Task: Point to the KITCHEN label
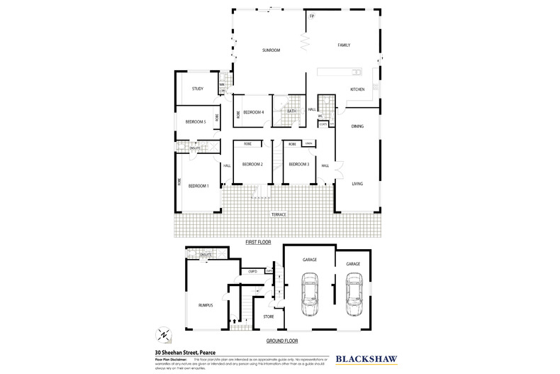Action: point(357,89)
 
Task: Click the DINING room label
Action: point(357,126)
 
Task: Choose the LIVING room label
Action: point(357,184)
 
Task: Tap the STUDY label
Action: point(198,89)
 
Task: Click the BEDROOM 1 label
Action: point(198,185)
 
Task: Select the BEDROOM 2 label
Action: point(252,165)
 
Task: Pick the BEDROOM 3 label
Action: point(298,165)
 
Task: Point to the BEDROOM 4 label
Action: point(254,112)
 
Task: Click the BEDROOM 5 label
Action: point(196,122)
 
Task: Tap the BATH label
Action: point(291,111)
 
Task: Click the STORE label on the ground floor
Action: point(269,317)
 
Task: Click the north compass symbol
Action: point(164,334)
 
